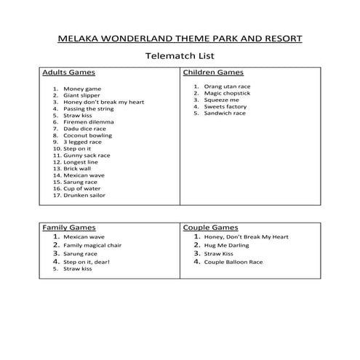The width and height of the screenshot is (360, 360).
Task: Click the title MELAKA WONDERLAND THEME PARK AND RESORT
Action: [180, 38]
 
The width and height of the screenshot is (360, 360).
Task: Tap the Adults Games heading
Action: [68, 73]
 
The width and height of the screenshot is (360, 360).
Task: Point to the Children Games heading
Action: [213, 73]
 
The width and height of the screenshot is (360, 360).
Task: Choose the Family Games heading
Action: [68, 228]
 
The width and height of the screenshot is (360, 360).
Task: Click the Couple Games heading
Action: [210, 228]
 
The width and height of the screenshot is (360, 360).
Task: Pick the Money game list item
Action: [82, 89]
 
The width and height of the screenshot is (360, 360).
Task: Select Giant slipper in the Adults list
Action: [81, 95]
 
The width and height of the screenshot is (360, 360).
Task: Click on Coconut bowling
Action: [87, 135]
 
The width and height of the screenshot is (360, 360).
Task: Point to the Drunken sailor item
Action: [84, 195]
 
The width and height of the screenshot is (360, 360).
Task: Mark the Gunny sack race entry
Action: [87, 155]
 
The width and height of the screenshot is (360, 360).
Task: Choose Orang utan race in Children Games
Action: [227, 87]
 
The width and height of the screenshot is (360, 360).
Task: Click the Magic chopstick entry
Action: [228, 93]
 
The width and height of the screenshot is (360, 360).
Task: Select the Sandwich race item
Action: [225, 113]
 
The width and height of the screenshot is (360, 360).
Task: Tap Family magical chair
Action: [92, 245]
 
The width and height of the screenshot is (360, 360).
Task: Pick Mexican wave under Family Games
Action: [84, 237]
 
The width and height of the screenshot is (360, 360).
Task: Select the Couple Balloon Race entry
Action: [233, 262]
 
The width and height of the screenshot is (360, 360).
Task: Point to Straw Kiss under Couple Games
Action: [219, 254]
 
